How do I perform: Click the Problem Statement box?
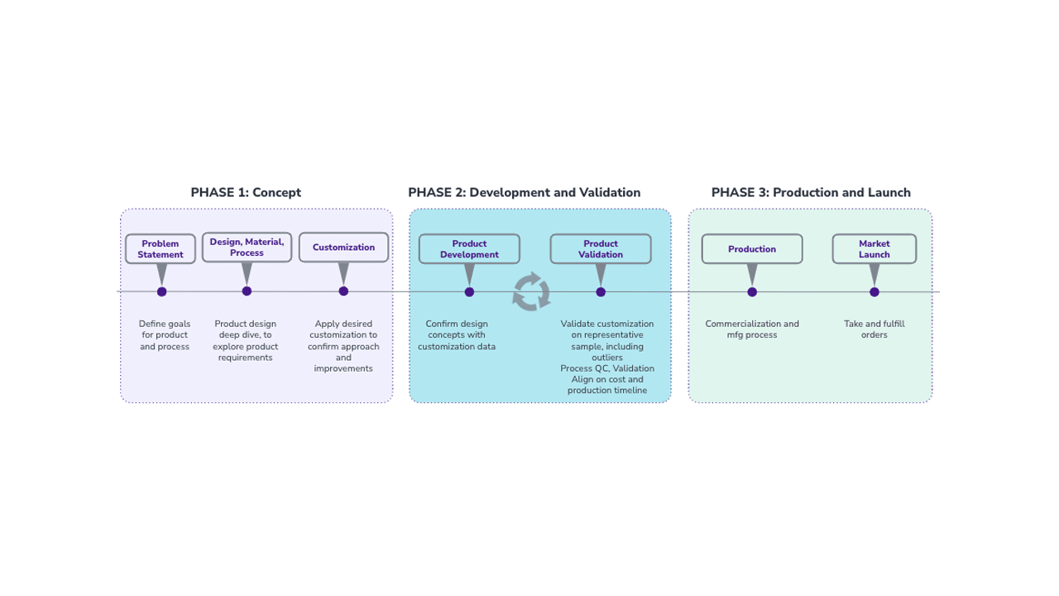click(x=161, y=249)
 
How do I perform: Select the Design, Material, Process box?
click(x=247, y=247)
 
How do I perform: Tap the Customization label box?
click(x=343, y=248)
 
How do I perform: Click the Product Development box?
click(x=469, y=249)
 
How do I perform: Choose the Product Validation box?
click(x=601, y=249)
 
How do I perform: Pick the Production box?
click(x=752, y=249)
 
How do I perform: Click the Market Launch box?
click(x=874, y=249)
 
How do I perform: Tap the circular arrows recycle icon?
click(x=531, y=291)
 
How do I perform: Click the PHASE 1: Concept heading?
click(x=246, y=193)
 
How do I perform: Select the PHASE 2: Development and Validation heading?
click(x=524, y=193)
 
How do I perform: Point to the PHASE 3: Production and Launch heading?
click(x=811, y=193)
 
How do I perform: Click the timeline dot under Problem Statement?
click(x=161, y=291)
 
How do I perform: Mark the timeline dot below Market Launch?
click(x=875, y=291)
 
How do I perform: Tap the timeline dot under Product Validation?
click(x=601, y=291)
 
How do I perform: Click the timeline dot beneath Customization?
click(x=343, y=291)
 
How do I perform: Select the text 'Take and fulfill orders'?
click(x=874, y=329)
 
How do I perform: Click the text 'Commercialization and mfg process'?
click(x=752, y=329)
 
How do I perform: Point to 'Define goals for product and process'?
click(x=165, y=335)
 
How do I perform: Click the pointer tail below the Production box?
click(x=752, y=274)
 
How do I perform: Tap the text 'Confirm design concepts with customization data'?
click(x=457, y=335)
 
